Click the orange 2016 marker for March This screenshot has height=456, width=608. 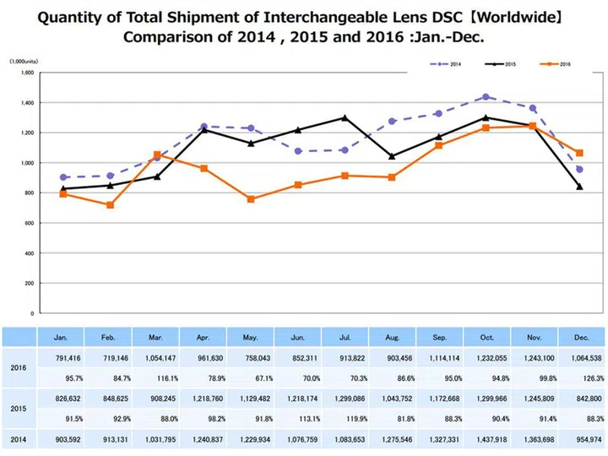157,155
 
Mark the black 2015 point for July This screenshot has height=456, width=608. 344,117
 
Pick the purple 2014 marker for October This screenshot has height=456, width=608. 486,97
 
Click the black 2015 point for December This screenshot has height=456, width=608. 579,187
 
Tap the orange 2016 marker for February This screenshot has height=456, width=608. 111,205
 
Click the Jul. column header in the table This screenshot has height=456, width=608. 344,336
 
